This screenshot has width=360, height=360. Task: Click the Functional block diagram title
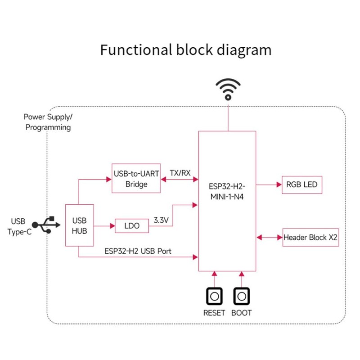pyautogui.click(x=185, y=49)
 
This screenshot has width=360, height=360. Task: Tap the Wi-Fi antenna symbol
pyautogui.click(x=229, y=89)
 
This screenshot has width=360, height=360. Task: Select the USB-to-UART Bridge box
pyautogui.click(x=135, y=179)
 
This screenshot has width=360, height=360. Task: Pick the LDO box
pyautogui.click(x=131, y=225)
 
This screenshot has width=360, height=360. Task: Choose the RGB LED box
pyautogui.click(x=302, y=184)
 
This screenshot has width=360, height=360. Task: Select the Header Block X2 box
pyautogui.click(x=310, y=237)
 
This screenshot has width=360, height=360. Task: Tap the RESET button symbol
pyautogui.click(x=214, y=297)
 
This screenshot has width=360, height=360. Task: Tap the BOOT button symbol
pyautogui.click(x=242, y=297)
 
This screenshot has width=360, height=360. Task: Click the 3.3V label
pyautogui.click(x=161, y=220)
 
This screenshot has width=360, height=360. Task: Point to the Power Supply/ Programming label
pyautogui.click(x=48, y=122)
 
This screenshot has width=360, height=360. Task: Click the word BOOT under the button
pyautogui.click(x=242, y=313)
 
